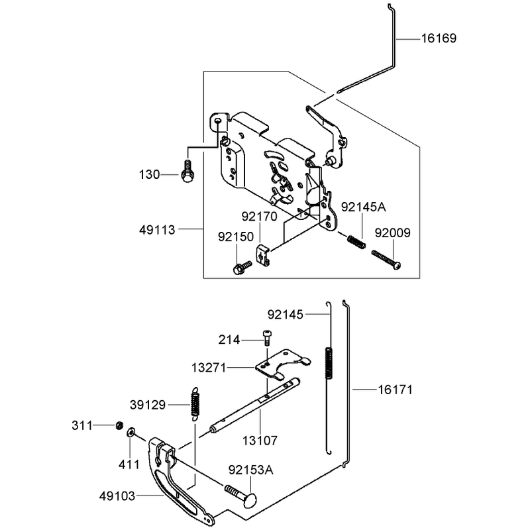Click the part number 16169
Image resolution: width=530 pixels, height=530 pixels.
click(439, 38)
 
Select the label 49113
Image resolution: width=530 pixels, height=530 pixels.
click(157, 230)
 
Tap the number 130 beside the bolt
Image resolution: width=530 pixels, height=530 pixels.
click(150, 175)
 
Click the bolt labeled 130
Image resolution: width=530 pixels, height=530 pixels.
click(187, 171)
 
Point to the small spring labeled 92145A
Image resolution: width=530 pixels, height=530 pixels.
click(356, 242)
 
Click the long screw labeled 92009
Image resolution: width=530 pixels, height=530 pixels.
click(386, 260)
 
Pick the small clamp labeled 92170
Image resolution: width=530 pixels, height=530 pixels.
click(262, 255)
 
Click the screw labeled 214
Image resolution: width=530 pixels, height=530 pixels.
click(268, 338)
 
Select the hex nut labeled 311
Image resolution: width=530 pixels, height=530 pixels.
click(119, 425)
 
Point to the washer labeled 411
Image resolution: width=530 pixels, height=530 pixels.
click(131, 433)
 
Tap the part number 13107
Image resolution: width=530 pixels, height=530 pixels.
click(260, 441)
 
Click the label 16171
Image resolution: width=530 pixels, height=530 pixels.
click(395, 390)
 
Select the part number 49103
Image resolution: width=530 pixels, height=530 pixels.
click(117, 496)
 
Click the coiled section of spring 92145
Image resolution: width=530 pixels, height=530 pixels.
click(328, 362)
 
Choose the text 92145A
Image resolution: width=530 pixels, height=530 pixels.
click(363, 207)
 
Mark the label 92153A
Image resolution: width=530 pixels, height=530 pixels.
click(251, 470)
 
